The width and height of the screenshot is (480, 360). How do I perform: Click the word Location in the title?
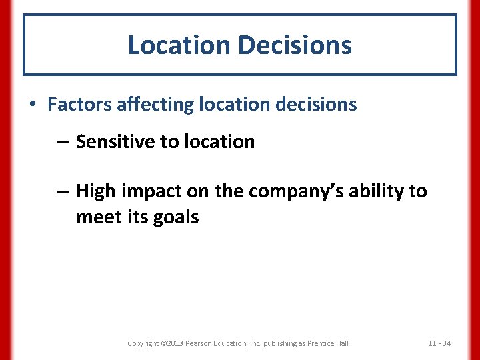tap(178, 45)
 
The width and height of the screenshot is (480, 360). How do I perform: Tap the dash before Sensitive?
tap(61, 142)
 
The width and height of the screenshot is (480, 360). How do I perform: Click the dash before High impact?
tap(61, 192)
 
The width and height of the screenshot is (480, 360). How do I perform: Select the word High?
tap(95, 191)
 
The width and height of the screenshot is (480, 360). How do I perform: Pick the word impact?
tap(149, 192)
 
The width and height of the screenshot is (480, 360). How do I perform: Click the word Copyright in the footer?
tap(143, 343)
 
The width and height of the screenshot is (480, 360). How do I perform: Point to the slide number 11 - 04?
tap(439, 343)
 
